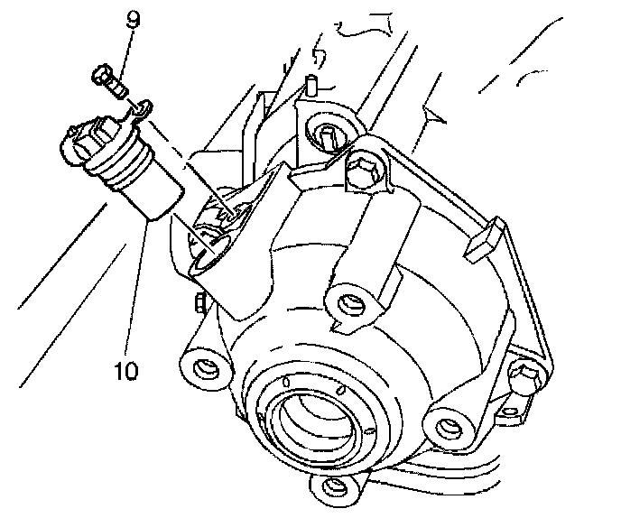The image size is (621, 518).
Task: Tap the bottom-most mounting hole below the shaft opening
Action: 329,487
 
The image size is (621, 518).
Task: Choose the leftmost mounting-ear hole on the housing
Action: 206,367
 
